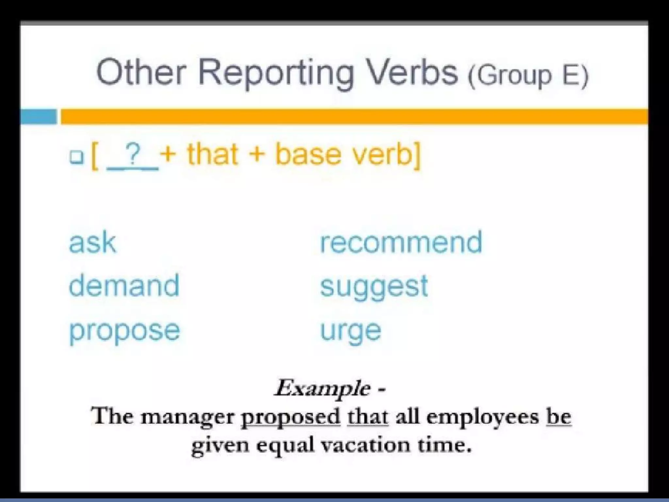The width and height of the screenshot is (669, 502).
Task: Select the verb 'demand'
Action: pyautogui.click(x=124, y=286)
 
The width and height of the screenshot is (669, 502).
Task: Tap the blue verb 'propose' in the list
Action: pyautogui.click(x=124, y=331)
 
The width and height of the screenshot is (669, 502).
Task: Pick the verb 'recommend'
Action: pyautogui.click(x=401, y=242)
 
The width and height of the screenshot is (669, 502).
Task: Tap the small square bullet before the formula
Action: pyautogui.click(x=76, y=157)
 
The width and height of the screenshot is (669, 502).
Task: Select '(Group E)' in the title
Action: pyautogui.click(x=528, y=75)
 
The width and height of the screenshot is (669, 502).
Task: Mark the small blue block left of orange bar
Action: pyautogui.click(x=38, y=117)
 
